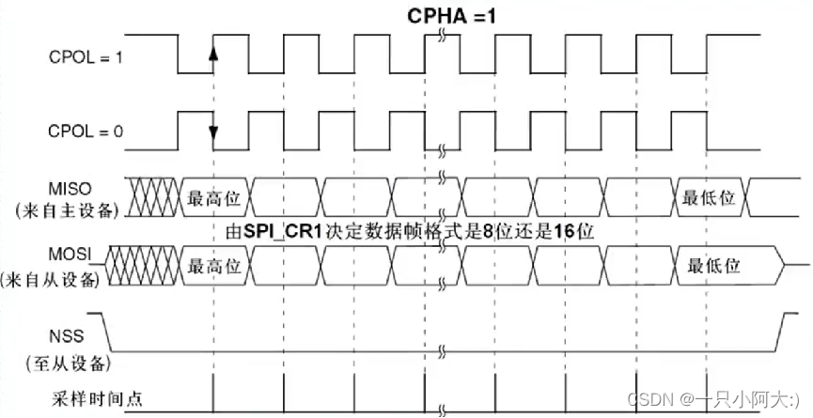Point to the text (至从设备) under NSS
click(x=68, y=361)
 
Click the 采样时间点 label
click(x=98, y=398)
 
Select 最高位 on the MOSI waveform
click(x=214, y=267)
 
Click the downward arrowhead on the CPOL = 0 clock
click(x=213, y=132)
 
